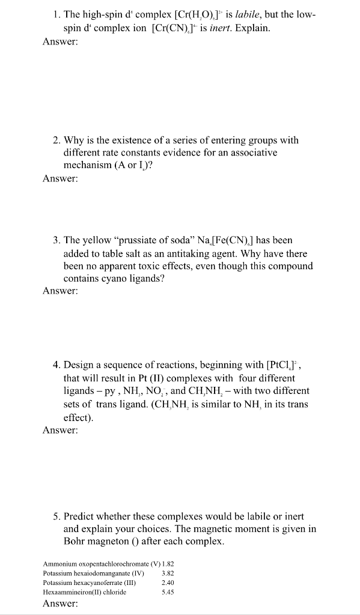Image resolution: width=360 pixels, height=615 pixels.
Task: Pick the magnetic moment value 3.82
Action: [168, 573]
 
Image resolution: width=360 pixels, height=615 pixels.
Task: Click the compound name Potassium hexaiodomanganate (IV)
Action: [94, 573]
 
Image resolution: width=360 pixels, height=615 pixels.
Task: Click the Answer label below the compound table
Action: [61, 604]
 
